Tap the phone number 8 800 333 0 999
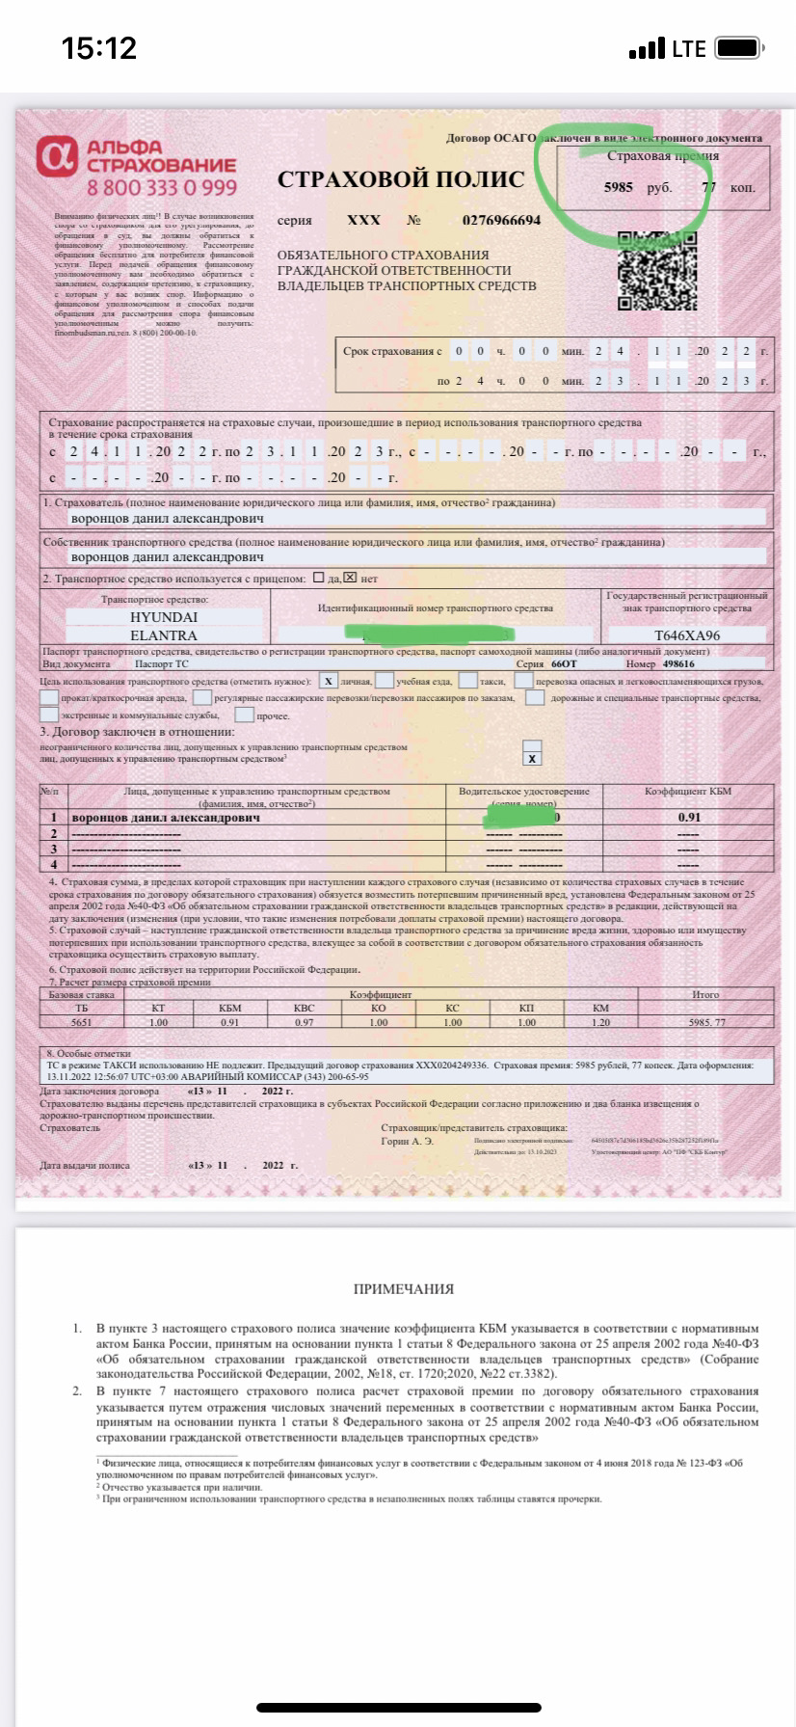(x=161, y=187)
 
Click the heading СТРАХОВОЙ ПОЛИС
(x=401, y=179)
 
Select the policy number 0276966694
(x=501, y=220)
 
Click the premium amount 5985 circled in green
(x=618, y=187)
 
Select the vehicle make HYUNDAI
(x=163, y=617)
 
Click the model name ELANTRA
(x=163, y=635)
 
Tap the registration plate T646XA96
(x=687, y=635)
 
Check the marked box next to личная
(x=330, y=681)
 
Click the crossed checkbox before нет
(x=350, y=579)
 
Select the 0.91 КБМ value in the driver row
(x=688, y=818)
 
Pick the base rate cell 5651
(x=81, y=1022)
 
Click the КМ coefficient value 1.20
(x=601, y=1022)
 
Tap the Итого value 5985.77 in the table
(x=706, y=1022)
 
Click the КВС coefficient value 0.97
(x=304, y=1022)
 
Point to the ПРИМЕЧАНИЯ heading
(x=403, y=1289)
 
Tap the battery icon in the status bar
(x=741, y=48)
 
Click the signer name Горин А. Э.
(x=408, y=1141)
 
